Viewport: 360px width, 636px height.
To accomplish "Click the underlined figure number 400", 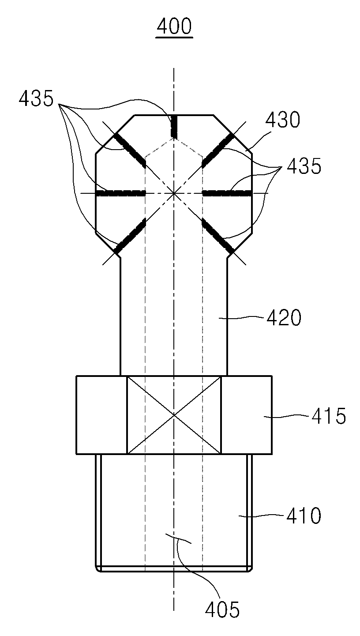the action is (x=174, y=27).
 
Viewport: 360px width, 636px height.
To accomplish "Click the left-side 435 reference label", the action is (x=36, y=98).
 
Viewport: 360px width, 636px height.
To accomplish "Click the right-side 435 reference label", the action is (x=304, y=166).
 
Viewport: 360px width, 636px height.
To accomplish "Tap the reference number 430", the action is (x=282, y=119).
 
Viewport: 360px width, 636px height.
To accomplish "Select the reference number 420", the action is (x=284, y=317).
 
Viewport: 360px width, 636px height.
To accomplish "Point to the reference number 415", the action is (x=329, y=416).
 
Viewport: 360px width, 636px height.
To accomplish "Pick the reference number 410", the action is (x=304, y=516).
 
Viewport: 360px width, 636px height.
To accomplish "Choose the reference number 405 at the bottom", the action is (x=222, y=617).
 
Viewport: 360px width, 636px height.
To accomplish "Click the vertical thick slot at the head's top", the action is (x=174, y=127).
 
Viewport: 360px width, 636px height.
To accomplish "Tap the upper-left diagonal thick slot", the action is (x=130, y=150).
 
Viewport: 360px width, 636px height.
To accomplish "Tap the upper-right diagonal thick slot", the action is (x=218, y=150).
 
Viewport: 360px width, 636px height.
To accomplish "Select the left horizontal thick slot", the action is (x=121, y=193).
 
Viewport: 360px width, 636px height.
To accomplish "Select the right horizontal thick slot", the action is (x=227, y=193).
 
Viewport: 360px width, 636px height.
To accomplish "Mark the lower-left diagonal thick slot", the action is (x=130, y=236).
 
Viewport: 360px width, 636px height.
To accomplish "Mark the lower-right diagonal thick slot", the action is (x=218, y=236).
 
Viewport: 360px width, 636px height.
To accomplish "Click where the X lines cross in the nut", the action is (x=174, y=415).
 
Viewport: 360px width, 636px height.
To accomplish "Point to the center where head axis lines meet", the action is (x=174, y=193).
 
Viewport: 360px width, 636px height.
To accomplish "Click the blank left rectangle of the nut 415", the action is (x=101, y=415).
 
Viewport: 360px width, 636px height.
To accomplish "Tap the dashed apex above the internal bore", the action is (x=174, y=139).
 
